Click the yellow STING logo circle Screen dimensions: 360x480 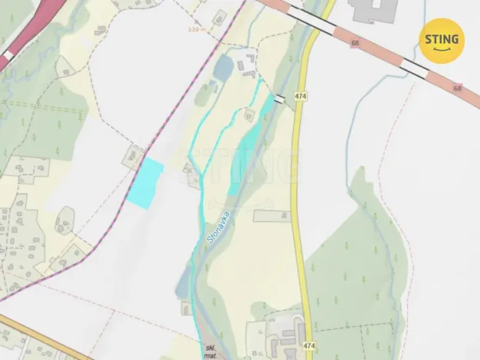point(441,40)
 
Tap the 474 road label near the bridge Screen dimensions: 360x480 point(299,96)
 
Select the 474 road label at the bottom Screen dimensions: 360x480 point(308,346)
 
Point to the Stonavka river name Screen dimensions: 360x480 point(218,228)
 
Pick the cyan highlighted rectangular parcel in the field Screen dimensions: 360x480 point(145,183)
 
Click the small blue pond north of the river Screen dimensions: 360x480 point(222,68)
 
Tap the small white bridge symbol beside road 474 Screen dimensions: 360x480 point(279,98)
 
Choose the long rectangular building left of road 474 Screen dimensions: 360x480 point(272,216)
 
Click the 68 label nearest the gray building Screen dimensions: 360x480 point(355,43)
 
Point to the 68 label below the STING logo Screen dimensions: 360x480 point(458,88)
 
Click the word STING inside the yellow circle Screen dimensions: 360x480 point(441,38)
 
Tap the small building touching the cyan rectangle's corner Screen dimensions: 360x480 point(135,158)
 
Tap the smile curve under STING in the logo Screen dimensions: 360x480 point(441,51)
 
